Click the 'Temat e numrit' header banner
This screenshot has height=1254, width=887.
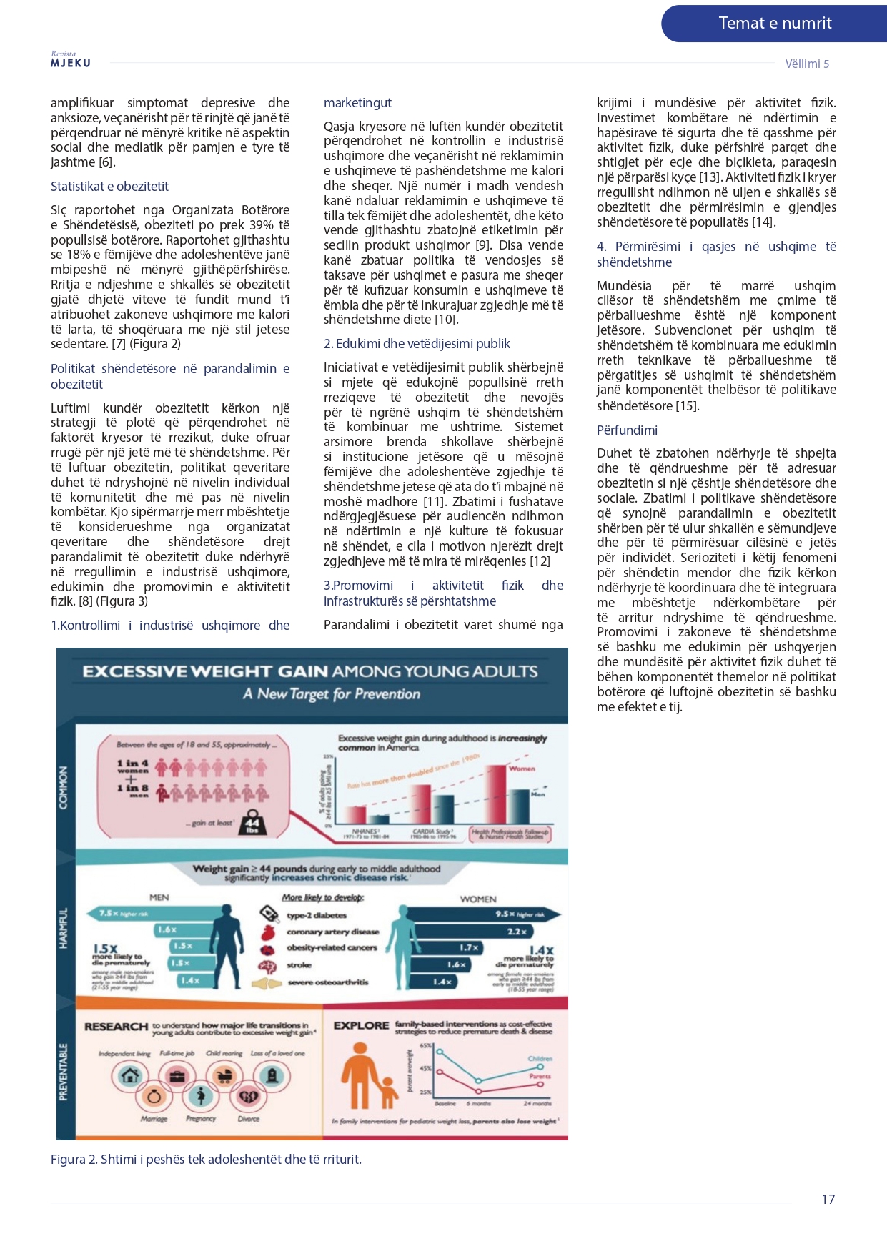(x=775, y=24)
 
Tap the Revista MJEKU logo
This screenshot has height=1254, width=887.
(x=70, y=60)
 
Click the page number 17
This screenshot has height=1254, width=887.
(x=828, y=1200)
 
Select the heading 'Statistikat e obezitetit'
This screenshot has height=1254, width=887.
(x=109, y=187)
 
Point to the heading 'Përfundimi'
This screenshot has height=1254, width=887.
(x=627, y=430)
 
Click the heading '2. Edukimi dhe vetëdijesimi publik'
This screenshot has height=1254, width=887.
(x=417, y=344)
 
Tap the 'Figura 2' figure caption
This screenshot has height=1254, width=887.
(x=206, y=1160)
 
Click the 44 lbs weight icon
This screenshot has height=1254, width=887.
(x=252, y=823)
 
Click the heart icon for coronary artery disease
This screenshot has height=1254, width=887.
(x=269, y=932)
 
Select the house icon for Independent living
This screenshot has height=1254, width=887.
(x=129, y=1075)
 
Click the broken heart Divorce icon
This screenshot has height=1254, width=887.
(x=248, y=1097)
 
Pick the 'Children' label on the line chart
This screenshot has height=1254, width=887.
(x=540, y=1059)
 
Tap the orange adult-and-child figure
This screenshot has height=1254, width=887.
(x=366, y=1076)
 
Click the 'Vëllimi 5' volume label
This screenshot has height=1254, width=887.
(x=807, y=64)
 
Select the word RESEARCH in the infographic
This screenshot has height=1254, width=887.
(x=116, y=1027)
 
